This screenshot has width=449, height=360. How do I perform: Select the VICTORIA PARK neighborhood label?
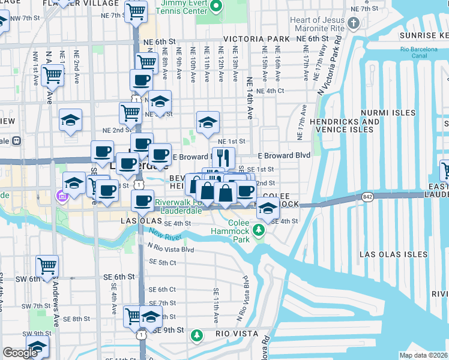coord(256,39)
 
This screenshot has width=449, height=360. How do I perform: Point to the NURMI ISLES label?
coord(388,113)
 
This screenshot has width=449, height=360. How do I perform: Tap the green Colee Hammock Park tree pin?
coord(259,229)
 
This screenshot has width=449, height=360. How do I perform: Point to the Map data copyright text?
coord(424,355)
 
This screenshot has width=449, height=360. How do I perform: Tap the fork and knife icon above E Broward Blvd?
coord(223,157)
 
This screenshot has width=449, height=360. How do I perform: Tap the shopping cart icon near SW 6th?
coord(47,265)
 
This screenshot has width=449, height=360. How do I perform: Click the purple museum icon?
coord(61,196)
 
